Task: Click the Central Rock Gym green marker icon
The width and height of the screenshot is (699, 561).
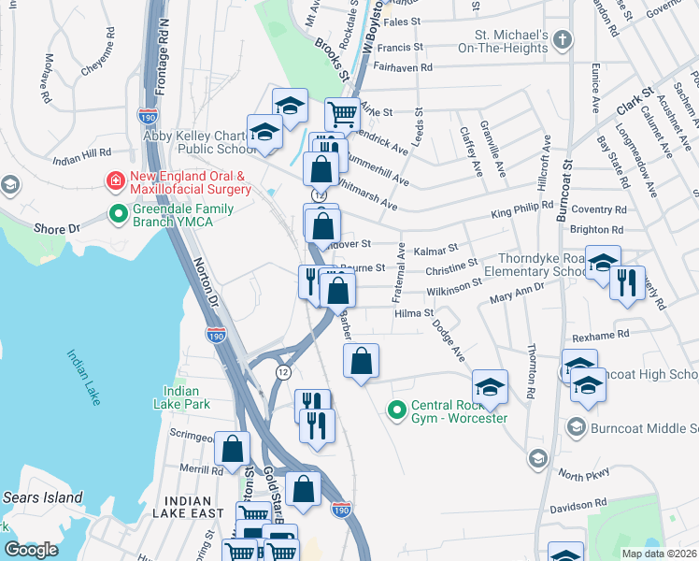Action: click(397, 410)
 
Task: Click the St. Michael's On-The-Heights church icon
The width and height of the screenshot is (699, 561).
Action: click(562, 39)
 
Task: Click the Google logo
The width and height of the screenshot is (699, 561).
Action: click(31, 549)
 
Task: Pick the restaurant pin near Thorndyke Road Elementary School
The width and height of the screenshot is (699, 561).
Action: click(627, 282)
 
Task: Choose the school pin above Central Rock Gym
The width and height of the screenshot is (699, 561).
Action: click(490, 386)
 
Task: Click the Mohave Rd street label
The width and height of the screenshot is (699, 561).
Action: click(45, 78)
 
